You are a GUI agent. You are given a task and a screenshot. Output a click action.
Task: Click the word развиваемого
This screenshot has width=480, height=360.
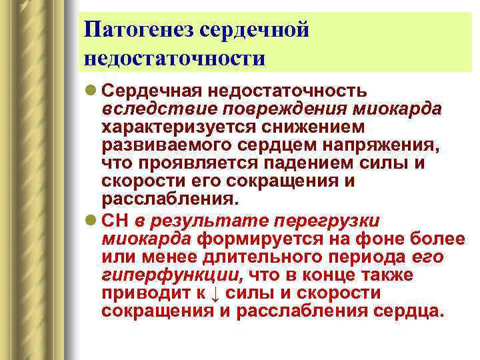click(156, 145)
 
